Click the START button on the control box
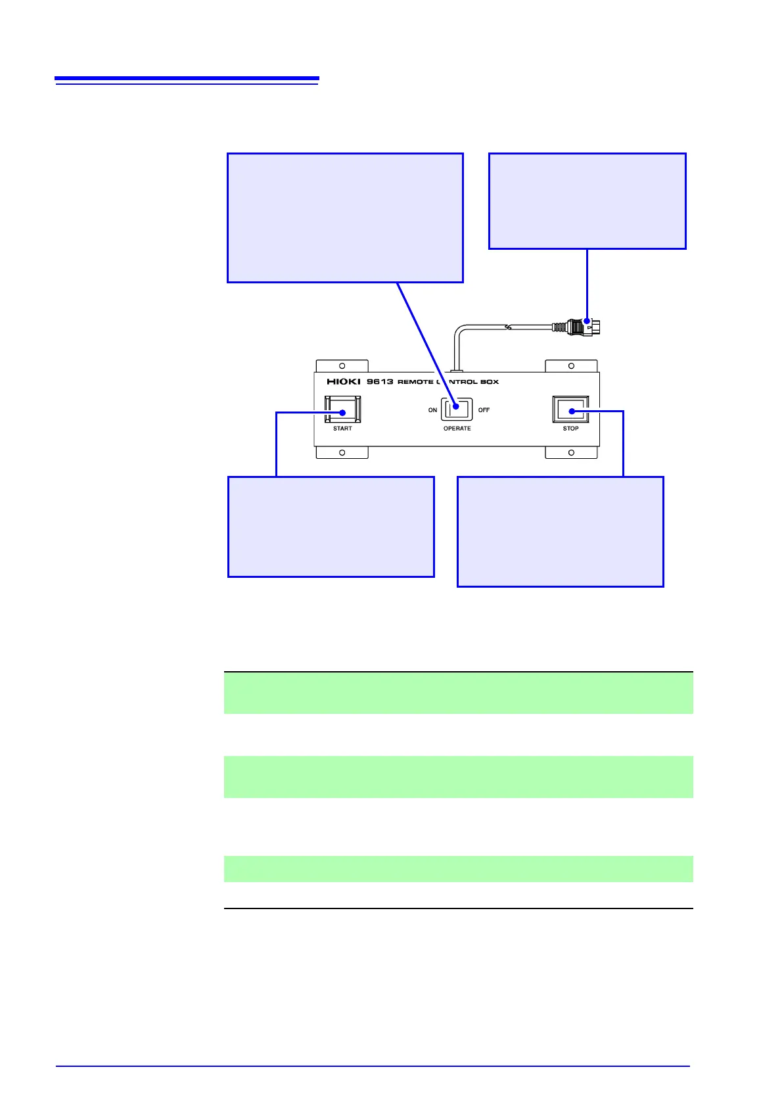(342, 410)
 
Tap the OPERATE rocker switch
(457, 410)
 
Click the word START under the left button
(342, 429)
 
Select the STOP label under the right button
(570, 429)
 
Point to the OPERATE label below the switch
(457, 429)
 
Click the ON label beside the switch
(432, 410)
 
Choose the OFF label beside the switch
(484, 410)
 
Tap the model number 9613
(380, 382)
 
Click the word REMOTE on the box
(415, 382)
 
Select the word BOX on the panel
(490, 382)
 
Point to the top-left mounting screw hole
(342, 366)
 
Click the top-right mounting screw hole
(571, 366)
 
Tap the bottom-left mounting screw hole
(342, 453)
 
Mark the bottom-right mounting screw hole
(571, 453)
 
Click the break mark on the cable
(508, 326)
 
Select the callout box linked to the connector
(587, 201)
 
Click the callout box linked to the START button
(331, 527)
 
